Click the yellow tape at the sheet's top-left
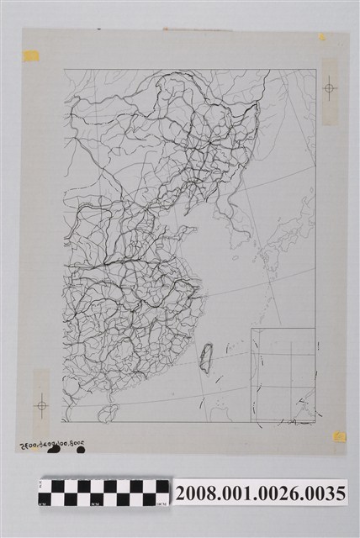(x=31, y=56)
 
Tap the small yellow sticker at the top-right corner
(x=321, y=37)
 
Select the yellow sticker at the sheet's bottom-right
(x=339, y=436)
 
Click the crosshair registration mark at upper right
(x=330, y=87)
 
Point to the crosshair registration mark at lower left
(x=40, y=406)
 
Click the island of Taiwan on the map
(x=204, y=358)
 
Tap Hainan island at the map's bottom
(x=107, y=412)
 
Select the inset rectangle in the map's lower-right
(x=283, y=375)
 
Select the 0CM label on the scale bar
(x=44, y=503)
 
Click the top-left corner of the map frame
(x=64, y=70)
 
